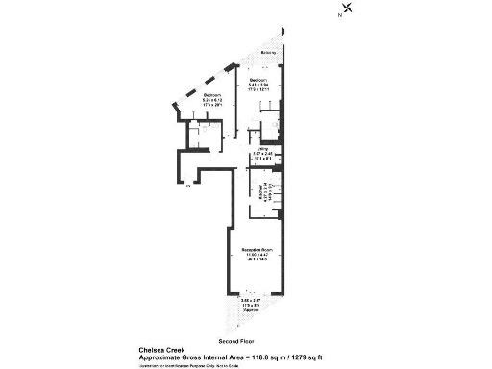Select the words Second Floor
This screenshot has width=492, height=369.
[x=234, y=341]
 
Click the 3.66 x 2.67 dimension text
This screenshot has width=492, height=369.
[x=251, y=301]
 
